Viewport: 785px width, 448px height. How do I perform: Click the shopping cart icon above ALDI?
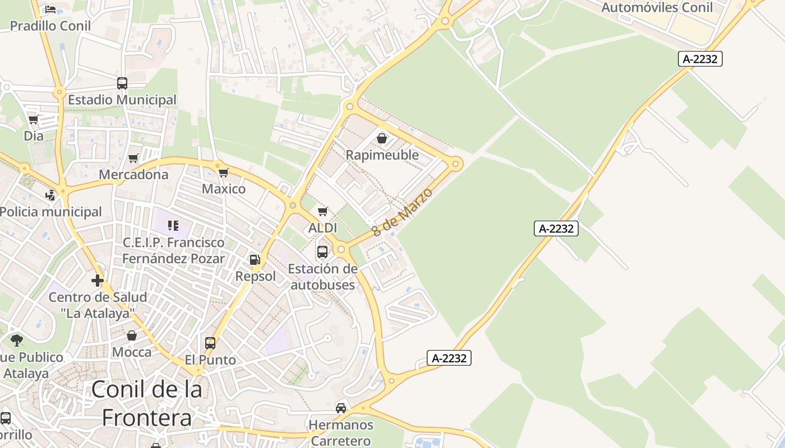point(322,212)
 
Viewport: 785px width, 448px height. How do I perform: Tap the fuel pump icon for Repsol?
point(255,259)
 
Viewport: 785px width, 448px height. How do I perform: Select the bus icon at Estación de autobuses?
point(322,252)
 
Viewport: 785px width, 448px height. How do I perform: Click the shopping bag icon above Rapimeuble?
point(382,138)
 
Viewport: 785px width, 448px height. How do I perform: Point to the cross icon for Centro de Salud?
point(98,280)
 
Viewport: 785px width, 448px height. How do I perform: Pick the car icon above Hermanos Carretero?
point(341,408)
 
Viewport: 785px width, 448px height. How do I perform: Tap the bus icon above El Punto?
point(210,343)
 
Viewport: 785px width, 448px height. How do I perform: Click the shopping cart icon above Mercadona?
point(133,158)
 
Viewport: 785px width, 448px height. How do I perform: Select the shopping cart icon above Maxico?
point(224,172)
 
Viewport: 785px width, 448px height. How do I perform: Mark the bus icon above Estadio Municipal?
point(122,83)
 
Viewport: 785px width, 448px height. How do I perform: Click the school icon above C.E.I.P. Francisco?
point(173,226)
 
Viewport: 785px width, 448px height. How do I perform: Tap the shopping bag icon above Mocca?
point(132,335)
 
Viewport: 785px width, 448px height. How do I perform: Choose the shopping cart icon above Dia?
point(34,120)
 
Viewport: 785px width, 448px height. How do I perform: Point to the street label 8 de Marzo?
point(402,212)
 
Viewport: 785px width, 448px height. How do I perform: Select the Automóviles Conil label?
point(657,7)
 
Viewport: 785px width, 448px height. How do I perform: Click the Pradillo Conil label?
point(50,26)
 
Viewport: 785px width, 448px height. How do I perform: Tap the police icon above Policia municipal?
point(51,195)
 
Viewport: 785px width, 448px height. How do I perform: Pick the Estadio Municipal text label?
point(122,100)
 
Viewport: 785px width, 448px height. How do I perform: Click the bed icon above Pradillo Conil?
point(50,10)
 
